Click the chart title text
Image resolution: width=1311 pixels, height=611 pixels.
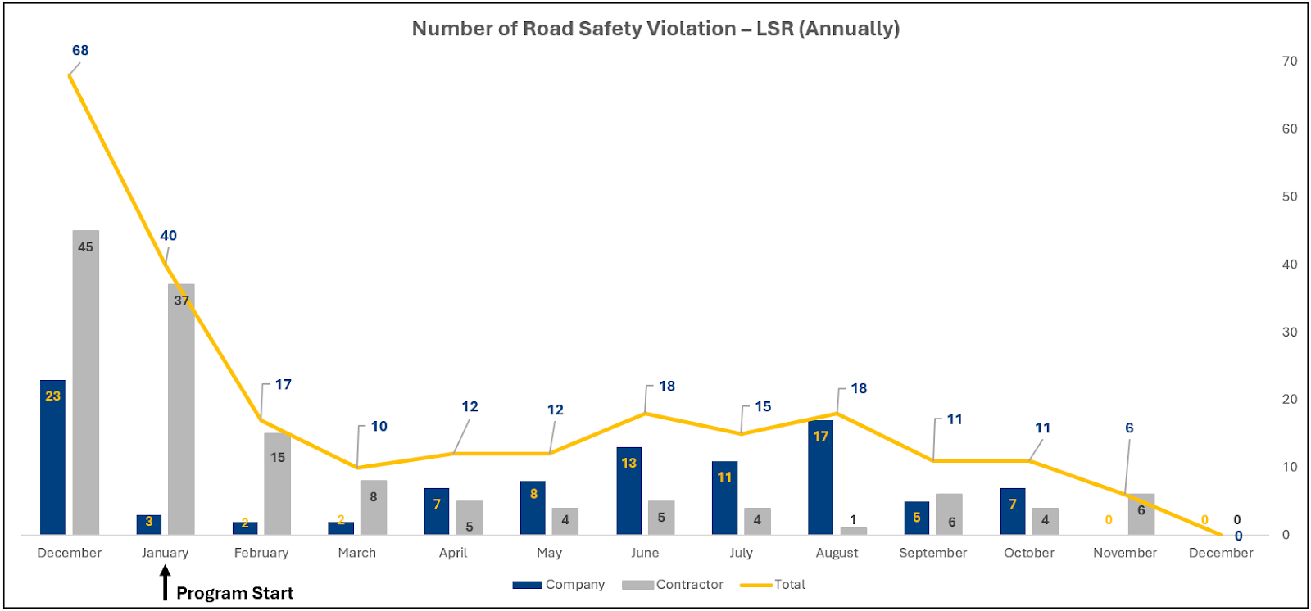(x=655, y=29)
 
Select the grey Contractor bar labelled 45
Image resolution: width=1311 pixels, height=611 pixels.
(x=85, y=385)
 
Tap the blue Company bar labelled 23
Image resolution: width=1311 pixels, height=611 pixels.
(x=52, y=459)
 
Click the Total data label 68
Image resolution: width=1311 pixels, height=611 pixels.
(x=80, y=50)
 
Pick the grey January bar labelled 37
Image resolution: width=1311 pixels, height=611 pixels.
(x=181, y=410)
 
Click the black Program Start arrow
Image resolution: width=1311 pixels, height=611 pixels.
(x=165, y=583)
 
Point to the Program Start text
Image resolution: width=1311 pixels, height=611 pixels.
(x=234, y=593)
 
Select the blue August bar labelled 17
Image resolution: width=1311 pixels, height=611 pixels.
(x=820, y=479)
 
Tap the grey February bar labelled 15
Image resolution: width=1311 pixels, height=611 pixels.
(x=277, y=483)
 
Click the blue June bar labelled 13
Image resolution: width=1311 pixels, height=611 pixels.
(x=628, y=491)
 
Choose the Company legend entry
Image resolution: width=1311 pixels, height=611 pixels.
(x=559, y=585)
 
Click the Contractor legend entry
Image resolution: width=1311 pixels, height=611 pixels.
(x=673, y=585)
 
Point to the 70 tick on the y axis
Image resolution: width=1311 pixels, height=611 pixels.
(x=1290, y=61)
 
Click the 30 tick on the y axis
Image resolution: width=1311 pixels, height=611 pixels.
(x=1290, y=332)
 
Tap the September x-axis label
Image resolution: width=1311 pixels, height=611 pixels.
(x=932, y=553)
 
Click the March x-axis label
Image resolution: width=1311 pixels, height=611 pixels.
(x=356, y=553)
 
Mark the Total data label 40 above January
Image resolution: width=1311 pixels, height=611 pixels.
(x=168, y=236)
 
